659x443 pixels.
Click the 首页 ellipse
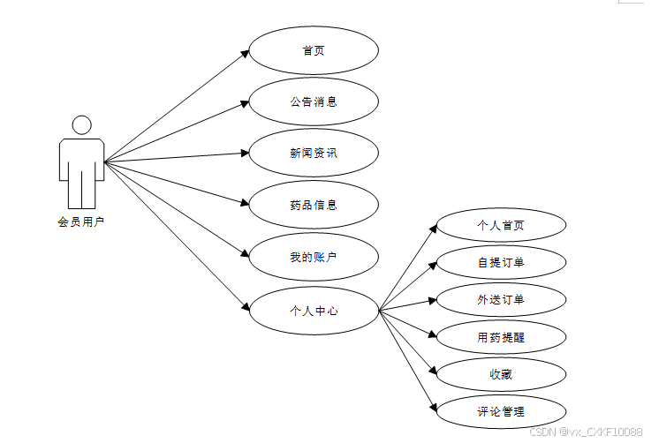tap(314, 50)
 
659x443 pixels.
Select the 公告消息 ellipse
tap(314, 101)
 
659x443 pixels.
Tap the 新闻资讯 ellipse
tap(314, 153)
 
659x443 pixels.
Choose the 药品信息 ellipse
tap(314, 205)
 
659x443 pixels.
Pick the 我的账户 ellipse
tap(314, 257)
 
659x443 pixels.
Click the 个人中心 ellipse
tap(314, 311)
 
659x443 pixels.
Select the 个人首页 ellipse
tap(501, 225)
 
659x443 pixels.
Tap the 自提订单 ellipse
tap(501, 262)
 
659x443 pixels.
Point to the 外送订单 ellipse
tap(501, 299)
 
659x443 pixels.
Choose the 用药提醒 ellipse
tap(501, 336)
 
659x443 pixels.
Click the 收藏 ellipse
tap(501, 374)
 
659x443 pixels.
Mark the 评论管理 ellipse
tap(501, 411)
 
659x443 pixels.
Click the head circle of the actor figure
tap(81, 124)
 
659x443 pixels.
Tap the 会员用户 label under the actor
tap(81, 221)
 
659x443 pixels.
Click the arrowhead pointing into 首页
tap(245, 53)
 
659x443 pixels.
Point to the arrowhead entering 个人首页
tap(433, 228)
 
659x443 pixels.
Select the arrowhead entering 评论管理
tap(433, 408)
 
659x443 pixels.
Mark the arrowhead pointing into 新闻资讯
tap(245, 153)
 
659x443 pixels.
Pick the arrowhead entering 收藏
tap(433, 372)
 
